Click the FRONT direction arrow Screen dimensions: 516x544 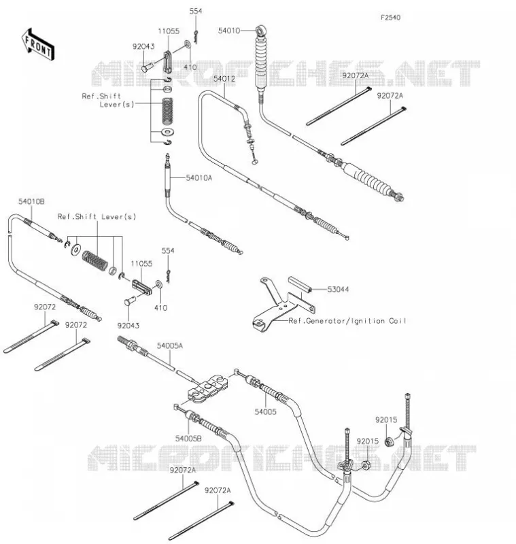(x=38, y=44)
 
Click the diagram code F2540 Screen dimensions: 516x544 (x=390, y=18)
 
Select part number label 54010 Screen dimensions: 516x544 (x=229, y=31)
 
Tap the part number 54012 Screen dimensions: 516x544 (x=224, y=79)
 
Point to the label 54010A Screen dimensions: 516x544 (x=199, y=178)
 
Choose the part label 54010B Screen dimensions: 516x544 (x=31, y=201)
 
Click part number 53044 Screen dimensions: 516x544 (x=338, y=290)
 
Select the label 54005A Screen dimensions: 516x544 (x=170, y=346)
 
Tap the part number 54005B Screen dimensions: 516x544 (x=188, y=439)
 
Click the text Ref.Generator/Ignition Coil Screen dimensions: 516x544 (x=347, y=321)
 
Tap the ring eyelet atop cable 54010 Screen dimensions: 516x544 (x=260, y=31)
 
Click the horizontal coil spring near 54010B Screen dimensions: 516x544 (x=94, y=260)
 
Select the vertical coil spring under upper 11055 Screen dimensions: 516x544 (x=168, y=111)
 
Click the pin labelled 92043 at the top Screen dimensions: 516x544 (x=147, y=67)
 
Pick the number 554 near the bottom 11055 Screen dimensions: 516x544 (x=168, y=250)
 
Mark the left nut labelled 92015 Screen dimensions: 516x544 (x=365, y=464)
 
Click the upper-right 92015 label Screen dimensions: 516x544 (x=386, y=420)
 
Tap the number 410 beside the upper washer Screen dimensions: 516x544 (x=190, y=67)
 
